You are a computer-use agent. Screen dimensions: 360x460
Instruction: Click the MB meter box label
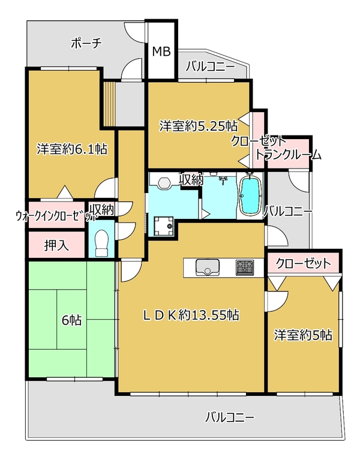tap(161, 52)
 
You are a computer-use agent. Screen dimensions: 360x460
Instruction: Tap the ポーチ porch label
tap(86, 43)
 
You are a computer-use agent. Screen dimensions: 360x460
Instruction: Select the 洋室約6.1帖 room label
tap(71, 149)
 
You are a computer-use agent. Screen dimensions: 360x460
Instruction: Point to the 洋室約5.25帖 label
tap(199, 126)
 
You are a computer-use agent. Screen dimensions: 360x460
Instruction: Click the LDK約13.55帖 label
tap(191, 315)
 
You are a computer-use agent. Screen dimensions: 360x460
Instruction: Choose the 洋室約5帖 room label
tap(303, 335)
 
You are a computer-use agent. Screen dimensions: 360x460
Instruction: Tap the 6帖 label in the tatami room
tap(71, 320)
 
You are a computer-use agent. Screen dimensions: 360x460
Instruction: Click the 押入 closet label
tap(56, 245)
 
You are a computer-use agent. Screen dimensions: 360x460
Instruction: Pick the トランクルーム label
tap(289, 155)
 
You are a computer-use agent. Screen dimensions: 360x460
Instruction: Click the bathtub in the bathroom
tap(250, 194)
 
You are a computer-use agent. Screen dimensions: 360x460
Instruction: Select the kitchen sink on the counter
tap(208, 267)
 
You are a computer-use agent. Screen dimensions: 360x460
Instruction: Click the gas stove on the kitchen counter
tap(244, 267)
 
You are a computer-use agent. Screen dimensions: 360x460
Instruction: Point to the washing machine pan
tap(163, 226)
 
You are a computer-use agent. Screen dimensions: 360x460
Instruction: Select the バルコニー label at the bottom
tap(230, 417)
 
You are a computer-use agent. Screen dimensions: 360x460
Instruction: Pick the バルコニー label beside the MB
tap(211, 67)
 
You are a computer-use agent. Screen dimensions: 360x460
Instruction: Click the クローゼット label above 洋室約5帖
tap(304, 263)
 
